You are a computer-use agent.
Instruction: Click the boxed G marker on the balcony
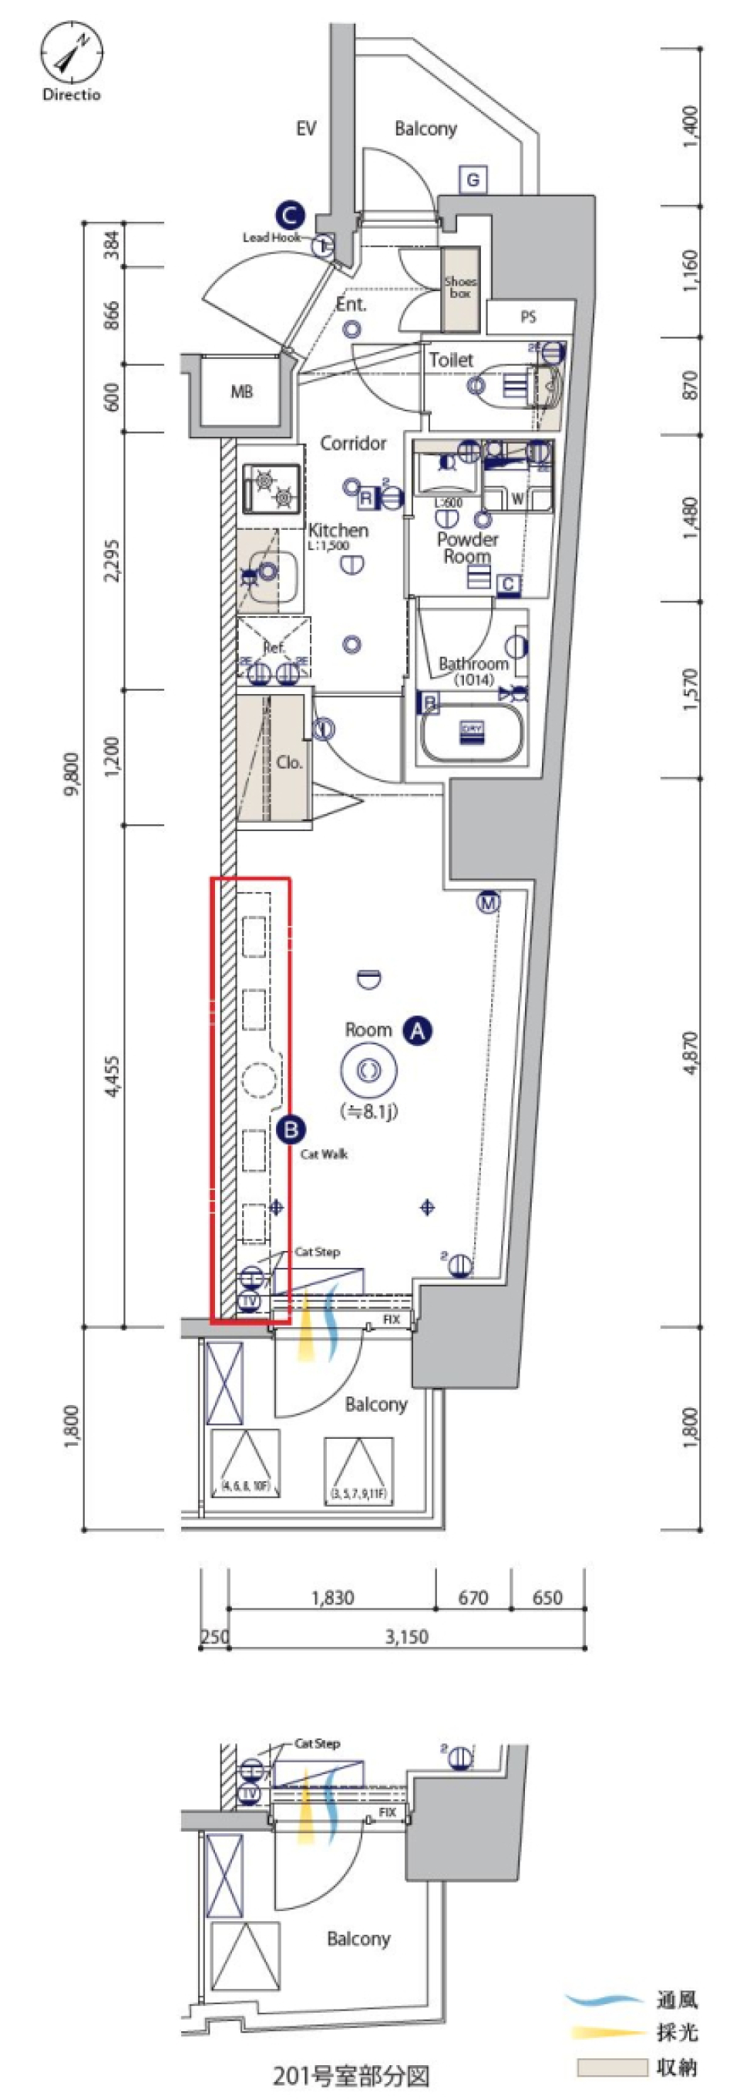473,179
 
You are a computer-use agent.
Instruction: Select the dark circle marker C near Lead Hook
289,215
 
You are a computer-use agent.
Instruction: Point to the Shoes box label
460,287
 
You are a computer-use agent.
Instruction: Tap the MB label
241,392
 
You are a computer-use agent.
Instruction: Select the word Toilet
451,360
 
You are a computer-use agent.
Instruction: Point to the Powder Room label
467,548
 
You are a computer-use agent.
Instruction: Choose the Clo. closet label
289,763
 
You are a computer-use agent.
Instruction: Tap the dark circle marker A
417,1030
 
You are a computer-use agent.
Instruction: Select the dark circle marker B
290,1129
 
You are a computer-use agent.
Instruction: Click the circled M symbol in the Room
488,903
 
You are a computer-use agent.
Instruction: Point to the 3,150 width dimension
407,1636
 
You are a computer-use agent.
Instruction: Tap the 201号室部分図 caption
351,2075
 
